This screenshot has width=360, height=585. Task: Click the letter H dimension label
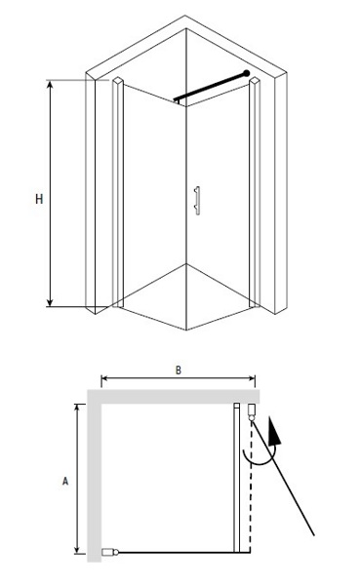(39, 199)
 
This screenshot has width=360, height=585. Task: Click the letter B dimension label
(179, 370)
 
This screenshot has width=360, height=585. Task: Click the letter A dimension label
(65, 481)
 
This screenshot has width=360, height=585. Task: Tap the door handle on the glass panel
(197, 200)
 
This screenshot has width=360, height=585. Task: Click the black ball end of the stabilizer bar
(247, 73)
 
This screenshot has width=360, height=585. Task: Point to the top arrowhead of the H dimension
(51, 84)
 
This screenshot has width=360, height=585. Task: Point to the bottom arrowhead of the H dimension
(51, 302)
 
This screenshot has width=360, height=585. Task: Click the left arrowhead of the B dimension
(104, 378)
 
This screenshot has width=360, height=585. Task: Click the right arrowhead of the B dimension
(252, 378)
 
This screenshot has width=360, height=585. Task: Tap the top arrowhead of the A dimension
(77, 408)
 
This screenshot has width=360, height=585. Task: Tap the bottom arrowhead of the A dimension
(77, 549)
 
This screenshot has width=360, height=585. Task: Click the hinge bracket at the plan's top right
(252, 410)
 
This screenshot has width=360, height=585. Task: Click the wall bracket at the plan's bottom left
(108, 552)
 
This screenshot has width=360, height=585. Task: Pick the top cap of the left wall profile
(118, 81)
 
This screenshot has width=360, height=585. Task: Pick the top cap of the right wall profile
(255, 81)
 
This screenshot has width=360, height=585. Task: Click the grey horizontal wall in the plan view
(174, 396)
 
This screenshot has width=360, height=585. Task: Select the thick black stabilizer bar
(211, 86)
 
